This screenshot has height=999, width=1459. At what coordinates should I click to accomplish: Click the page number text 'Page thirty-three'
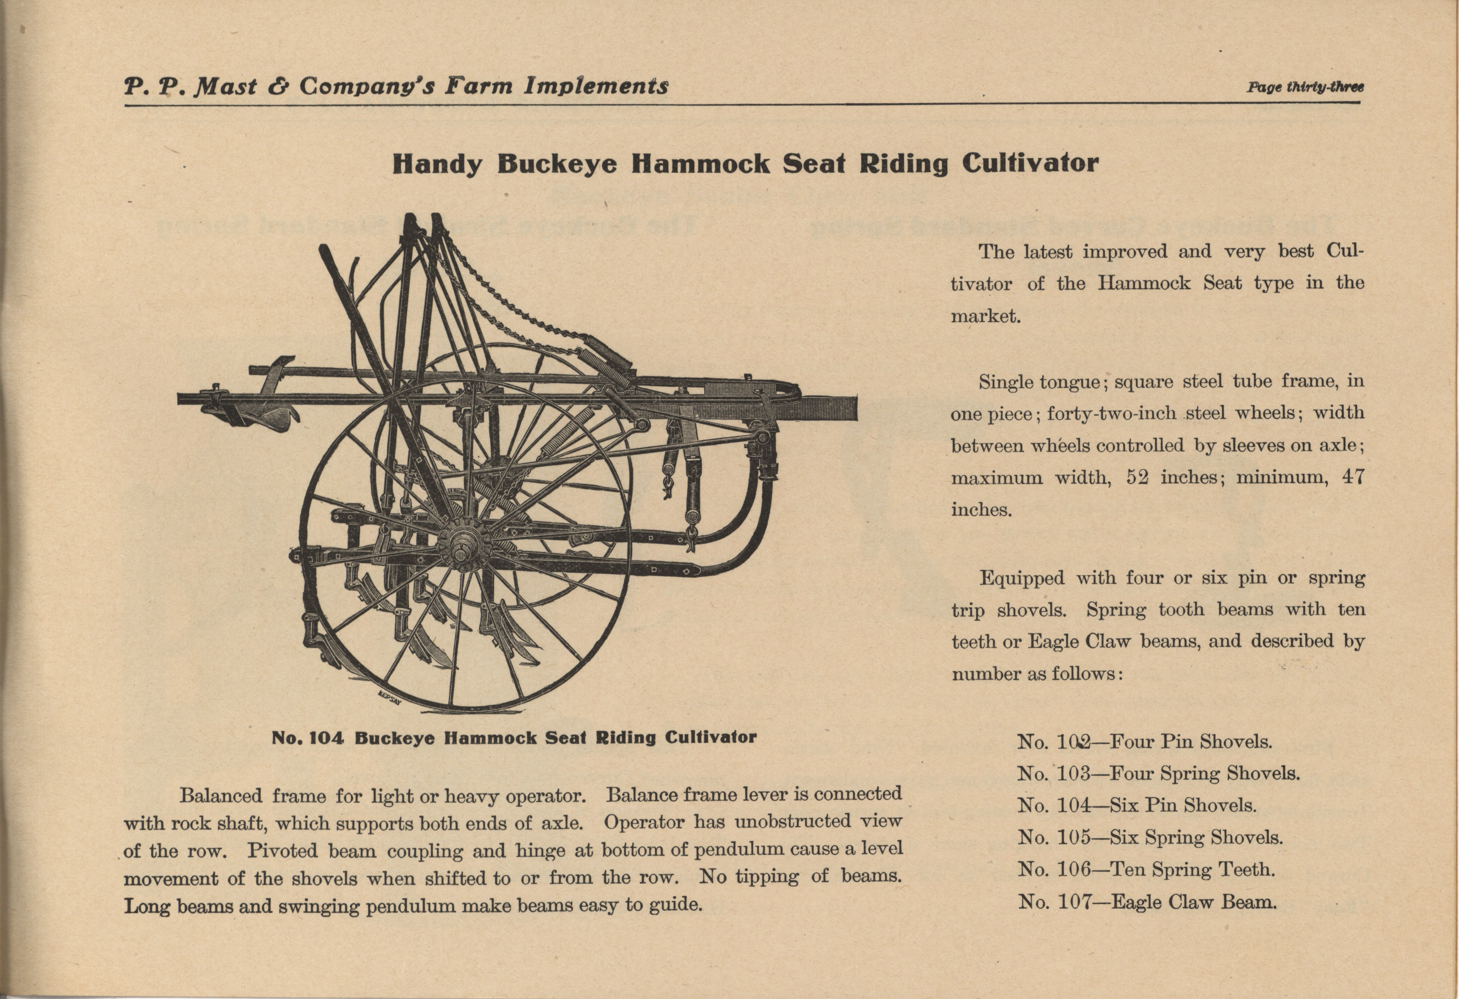point(1305,87)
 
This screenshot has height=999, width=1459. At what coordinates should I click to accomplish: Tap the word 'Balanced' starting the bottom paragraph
point(220,796)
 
